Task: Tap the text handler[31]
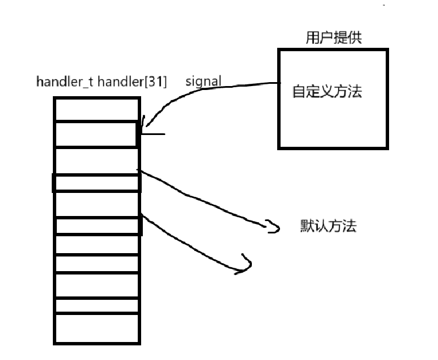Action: click(x=132, y=82)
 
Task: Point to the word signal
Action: click(x=203, y=82)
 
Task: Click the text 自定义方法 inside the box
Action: click(x=326, y=91)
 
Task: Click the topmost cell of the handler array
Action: click(x=96, y=109)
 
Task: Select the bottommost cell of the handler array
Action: click(x=96, y=328)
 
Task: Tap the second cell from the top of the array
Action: click(x=96, y=134)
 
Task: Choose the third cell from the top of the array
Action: click(x=96, y=161)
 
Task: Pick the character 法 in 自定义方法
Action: click(x=354, y=91)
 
